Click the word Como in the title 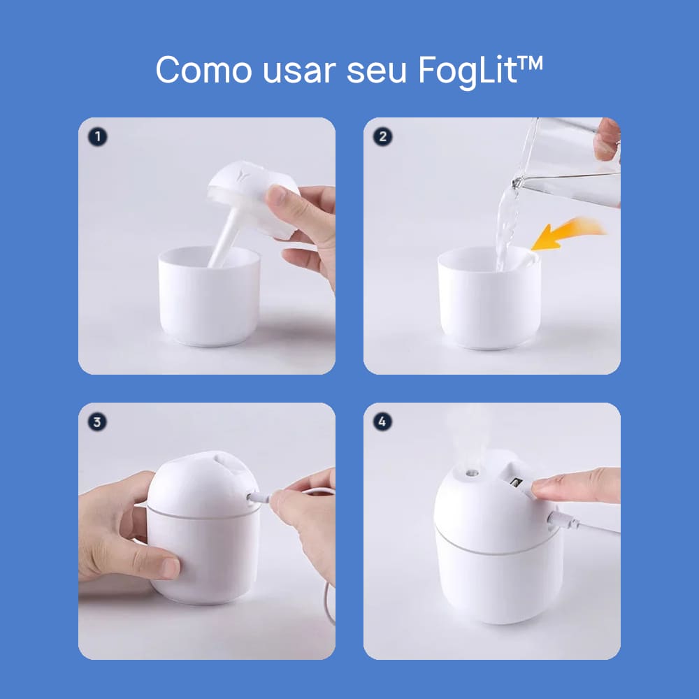coord(203,70)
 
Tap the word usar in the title coord(299,71)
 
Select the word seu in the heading coord(376,71)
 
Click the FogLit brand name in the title coord(468,72)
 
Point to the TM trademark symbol coord(530,63)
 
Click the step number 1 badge coord(98,137)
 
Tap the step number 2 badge coord(382,137)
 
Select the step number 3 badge coord(97,421)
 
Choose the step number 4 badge coord(382,421)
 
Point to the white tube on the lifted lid coord(226,236)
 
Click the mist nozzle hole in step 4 coord(472,473)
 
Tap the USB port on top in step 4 coord(517,483)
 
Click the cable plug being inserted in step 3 coord(259,497)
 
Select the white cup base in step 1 coord(209,296)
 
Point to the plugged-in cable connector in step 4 coord(563,520)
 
